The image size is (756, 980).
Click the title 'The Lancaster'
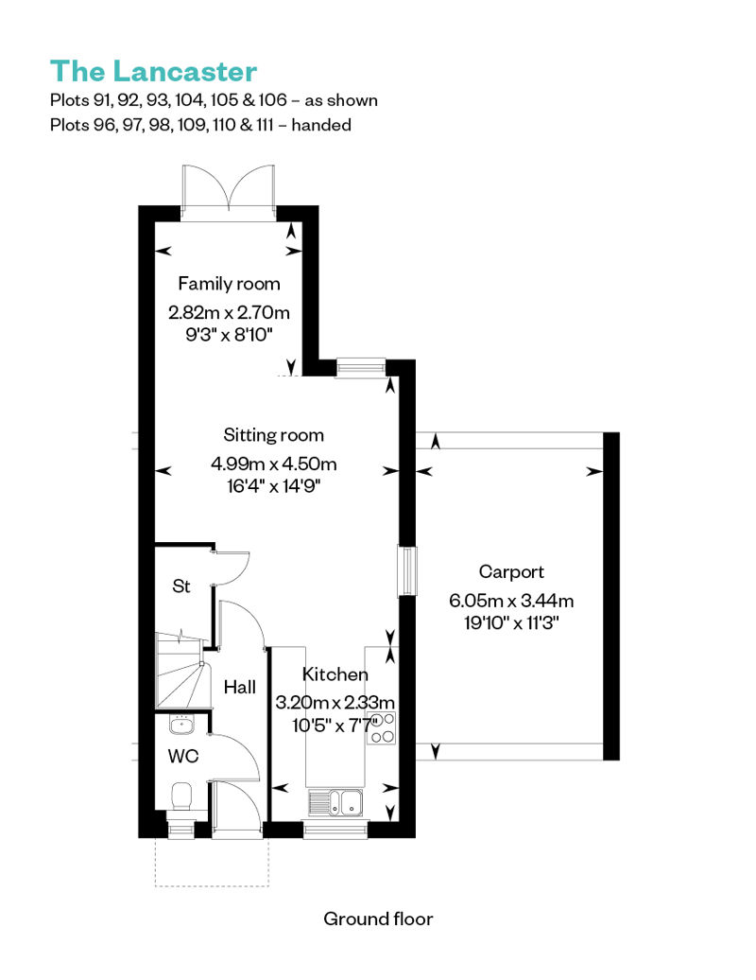pos(154,71)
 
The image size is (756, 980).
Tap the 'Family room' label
pos(229,284)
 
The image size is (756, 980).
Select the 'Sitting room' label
pos(273,435)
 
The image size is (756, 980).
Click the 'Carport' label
pos(511,572)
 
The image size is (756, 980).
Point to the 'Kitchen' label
pos(335,674)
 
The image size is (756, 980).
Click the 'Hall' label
pos(240,688)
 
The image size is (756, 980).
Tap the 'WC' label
pos(183,756)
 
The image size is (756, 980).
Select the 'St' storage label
pos(181,586)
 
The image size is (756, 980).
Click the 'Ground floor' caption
pos(378,919)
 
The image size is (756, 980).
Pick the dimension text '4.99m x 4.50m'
pos(273,464)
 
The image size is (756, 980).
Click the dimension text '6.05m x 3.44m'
pos(511,601)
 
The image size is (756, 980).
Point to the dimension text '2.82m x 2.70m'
pos(229,312)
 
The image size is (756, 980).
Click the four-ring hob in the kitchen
pos(381,728)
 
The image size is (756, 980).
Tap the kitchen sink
pos(335,802)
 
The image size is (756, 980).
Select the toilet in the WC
pos(181,796)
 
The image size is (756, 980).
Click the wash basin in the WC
pos(181,725)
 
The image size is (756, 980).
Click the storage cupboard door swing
pos(232,568)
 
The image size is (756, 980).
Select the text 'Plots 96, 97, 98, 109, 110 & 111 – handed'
pos(200,125)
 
